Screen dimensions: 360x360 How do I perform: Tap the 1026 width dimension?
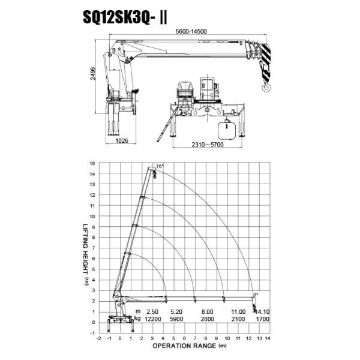[x=122, y=140]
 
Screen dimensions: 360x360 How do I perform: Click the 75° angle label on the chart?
[x=160, y=166]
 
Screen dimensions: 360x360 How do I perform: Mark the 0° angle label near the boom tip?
[x=256, y=294]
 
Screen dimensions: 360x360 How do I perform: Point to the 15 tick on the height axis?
[x=92, y=163]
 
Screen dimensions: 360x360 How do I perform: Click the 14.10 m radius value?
[x=263, y=311]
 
